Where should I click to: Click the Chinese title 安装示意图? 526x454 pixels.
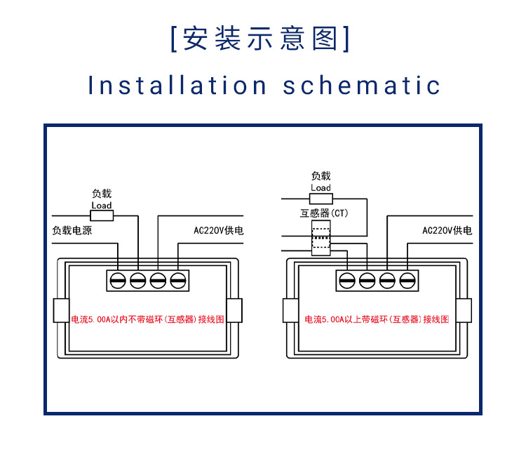click(x=260, y=39)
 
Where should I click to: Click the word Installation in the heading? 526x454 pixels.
click(x=177, y=85)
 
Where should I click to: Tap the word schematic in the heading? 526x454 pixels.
click(x=361, y=85)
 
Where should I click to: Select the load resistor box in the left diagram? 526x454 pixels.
click(x=102, y=215)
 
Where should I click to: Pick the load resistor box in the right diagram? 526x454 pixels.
click(x=321, y=199)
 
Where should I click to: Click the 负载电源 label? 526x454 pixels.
click(x=72, y=231)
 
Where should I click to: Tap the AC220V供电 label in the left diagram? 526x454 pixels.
click(x=218, y=231)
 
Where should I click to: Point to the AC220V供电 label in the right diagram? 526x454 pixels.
click(x=447, y=231)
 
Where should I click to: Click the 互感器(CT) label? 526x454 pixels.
click(x=324, y=213)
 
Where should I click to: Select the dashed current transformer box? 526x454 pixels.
click(x=321, y=238)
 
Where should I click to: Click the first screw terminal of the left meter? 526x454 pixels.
click(x=118, y=281)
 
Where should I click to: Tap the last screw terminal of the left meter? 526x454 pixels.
click(x=178, y=281)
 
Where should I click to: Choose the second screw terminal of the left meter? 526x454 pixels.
click(x=138, y=281)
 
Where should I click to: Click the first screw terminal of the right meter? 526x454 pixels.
click(x=347, y=281)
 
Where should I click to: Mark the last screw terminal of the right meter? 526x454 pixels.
click(x=407, y=281)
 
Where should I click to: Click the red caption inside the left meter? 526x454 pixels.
click(x=147, y=319)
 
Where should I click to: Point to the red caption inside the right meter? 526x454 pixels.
click(x=377, y=319)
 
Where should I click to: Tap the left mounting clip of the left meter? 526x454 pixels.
click(x=62, y=310)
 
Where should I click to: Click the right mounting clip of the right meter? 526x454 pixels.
click(x=464, y=310)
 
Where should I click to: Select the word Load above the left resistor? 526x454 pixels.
click(x=102, y=206)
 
